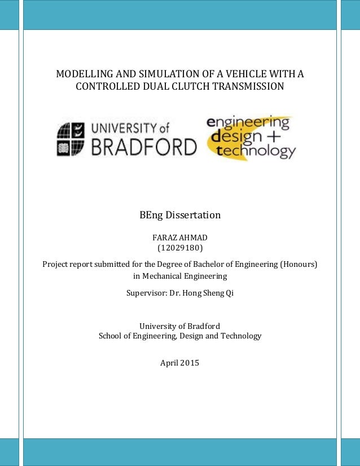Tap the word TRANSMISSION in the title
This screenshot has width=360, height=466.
pyautogui.click(x=249, y=87)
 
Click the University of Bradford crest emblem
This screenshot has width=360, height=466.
pyautogui.click(x=69, y=139)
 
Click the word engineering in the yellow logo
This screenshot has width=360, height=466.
pyautogui.click(x=248, y=122)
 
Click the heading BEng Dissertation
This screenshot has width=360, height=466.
pyautogui.click(x=180, y=215)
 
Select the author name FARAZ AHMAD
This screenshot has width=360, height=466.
pyautogui.click(x=180, y=238)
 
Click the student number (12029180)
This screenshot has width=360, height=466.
pyautogui.click(x=180, y=248)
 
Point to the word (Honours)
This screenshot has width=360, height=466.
pyautogui.click(x=298, y=264)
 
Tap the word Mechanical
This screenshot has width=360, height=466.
pyautogui.click(x=165, y=276)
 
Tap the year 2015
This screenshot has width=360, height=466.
pyautogui.click(x=190, y=363)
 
